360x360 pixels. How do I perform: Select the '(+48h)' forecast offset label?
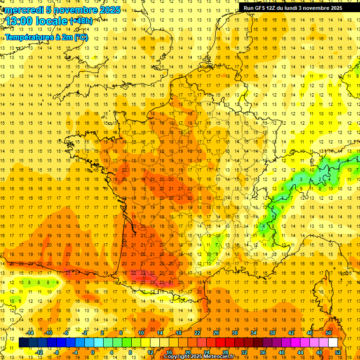81,21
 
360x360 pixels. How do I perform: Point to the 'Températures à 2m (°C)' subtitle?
46,37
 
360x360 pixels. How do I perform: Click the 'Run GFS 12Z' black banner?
292,8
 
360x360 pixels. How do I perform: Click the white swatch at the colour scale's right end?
333,343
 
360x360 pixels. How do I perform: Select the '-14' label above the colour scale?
30,333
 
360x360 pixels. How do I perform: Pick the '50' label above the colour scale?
329,333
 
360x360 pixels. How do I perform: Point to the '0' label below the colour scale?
93,352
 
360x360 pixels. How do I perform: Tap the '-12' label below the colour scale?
39,352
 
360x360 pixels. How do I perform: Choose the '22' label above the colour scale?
197,333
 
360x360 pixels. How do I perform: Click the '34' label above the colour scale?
254,333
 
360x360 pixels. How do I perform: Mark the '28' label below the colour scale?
225,352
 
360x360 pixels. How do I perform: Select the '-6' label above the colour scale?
66,333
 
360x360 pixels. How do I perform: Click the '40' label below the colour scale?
282,352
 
